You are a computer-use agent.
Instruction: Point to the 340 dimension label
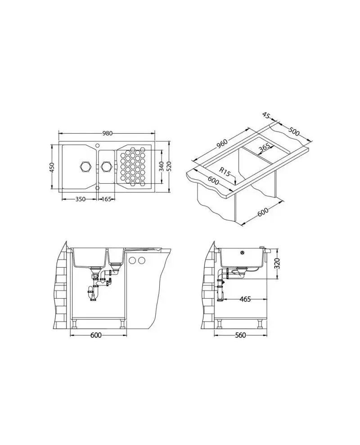(161, 166)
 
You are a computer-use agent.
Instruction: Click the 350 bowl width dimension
(81, 199)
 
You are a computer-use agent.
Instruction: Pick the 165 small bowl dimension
(106, 199)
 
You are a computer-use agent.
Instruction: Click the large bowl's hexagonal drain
(86, 166)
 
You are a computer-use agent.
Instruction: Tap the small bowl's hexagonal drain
(106, 166)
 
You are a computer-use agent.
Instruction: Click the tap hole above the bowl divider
(97, 144)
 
